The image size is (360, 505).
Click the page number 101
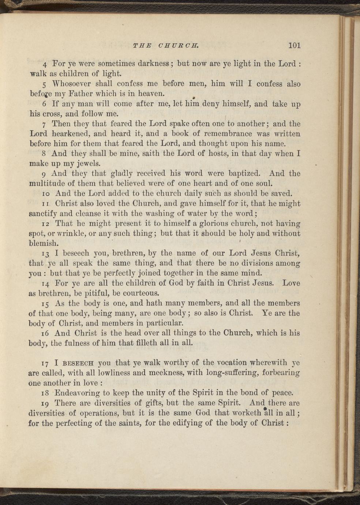pos(294,45)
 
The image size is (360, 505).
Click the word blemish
pos(44,243)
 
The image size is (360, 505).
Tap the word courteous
pos(140,293)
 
